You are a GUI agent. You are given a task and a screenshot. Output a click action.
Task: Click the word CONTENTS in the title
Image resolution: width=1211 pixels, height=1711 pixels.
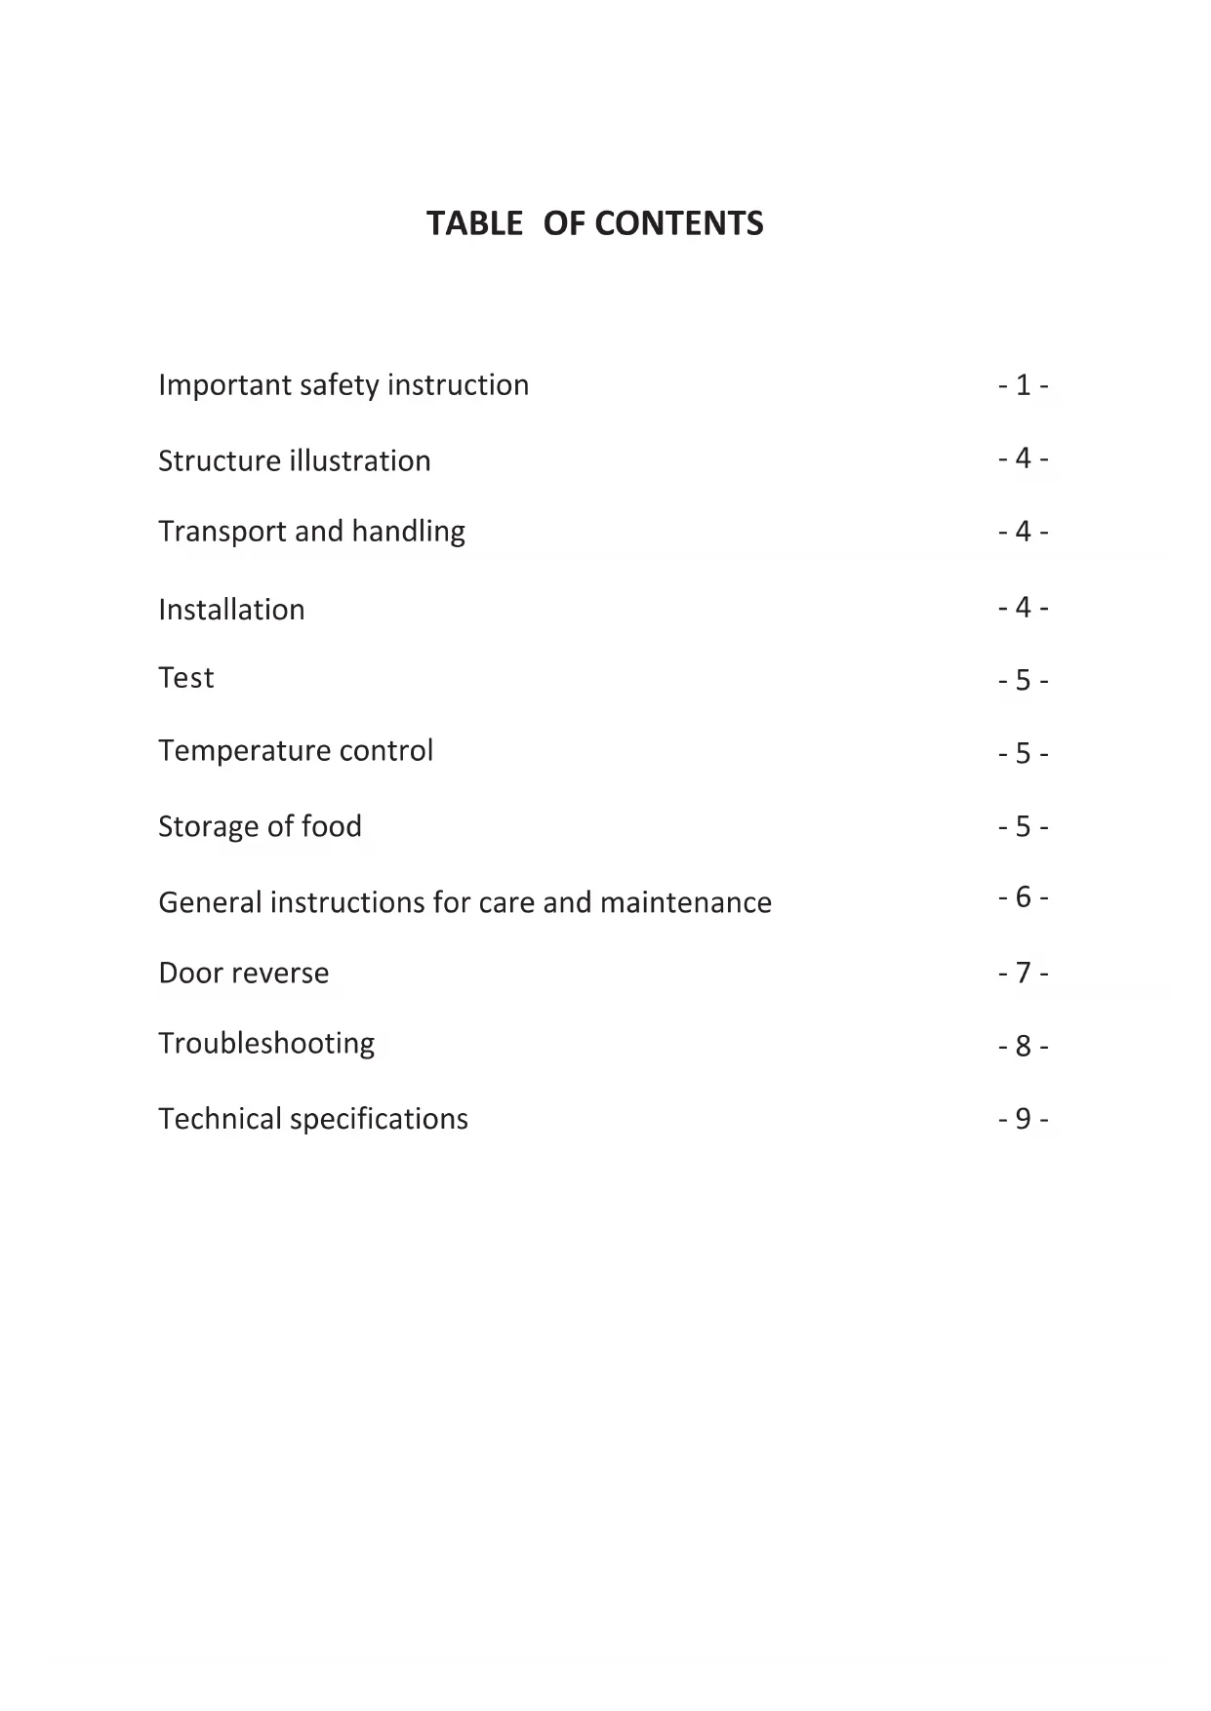[x=679, y=223]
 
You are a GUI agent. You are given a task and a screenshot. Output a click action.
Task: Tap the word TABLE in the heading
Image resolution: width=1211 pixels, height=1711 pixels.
[x=474, y=223]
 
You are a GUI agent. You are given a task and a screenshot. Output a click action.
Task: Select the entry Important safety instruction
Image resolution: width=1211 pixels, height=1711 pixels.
[x=343, y=385]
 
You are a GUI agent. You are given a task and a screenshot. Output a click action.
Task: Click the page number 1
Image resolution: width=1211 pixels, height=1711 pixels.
[x=1023, y=385]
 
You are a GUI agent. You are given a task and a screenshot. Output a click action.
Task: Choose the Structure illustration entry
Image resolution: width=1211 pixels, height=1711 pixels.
[x=294, y=460]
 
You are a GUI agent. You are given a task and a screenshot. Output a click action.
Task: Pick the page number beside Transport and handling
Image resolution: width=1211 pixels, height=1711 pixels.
[x=1023, y=532]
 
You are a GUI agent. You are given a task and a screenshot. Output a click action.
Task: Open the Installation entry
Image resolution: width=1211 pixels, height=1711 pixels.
[x=231, y=610]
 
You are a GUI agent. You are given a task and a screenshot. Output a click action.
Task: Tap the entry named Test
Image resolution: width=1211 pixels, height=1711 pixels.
[x=185, y=678]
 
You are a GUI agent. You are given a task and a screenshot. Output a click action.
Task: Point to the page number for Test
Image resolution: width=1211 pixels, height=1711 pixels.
[x=1023, y=680]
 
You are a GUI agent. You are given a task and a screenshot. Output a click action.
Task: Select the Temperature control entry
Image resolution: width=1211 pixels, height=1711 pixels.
[x=296, y=750]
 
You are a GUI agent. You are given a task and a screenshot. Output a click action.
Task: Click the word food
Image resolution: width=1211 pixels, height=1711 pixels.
[x=331, y=826]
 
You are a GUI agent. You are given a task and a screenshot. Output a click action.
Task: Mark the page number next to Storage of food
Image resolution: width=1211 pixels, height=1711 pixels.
[x=1023, y=827]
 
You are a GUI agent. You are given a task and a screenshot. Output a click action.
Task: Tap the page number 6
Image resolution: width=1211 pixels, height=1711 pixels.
[x=1023, y=897]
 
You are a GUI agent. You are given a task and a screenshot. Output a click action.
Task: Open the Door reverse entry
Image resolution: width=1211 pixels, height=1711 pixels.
[x=243, y=973]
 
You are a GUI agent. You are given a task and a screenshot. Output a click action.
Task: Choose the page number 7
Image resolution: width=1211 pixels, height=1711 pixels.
[x=1023, y=974]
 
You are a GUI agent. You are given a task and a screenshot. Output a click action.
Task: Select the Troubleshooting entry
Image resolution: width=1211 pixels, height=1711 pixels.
[x=266, y=1044]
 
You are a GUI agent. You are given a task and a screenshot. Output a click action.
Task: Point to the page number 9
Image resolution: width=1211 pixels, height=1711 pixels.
[x=1023, y=1119]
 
